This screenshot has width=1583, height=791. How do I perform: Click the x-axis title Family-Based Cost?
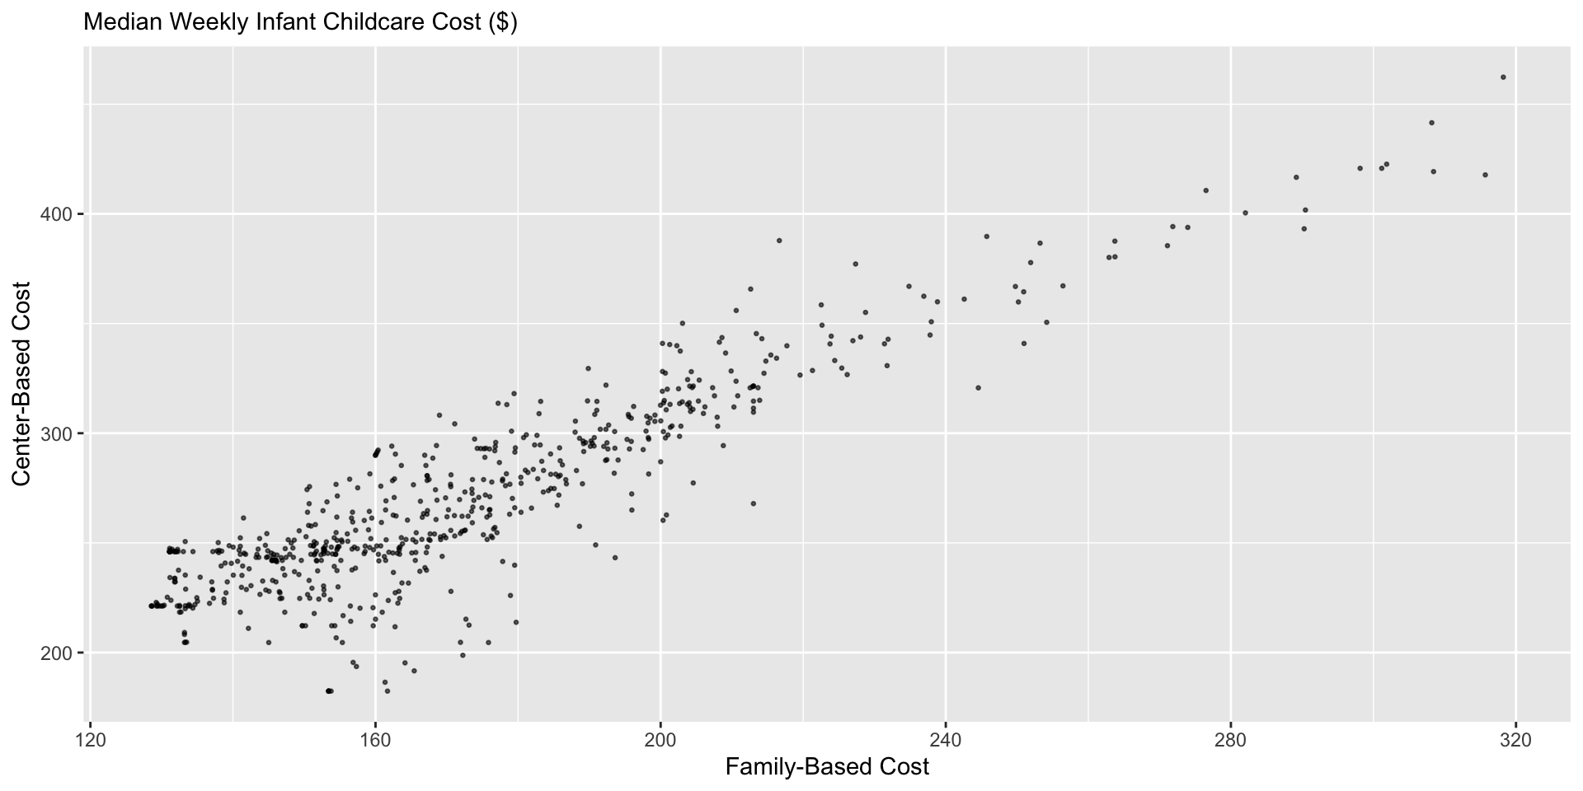coord(827,767)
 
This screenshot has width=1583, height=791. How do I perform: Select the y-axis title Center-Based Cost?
coord(21,384)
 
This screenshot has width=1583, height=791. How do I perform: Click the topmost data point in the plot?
coord(1503,77)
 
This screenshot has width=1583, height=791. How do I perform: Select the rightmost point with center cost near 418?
coord(1485,175)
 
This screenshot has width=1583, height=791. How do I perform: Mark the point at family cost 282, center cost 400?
coord(1245,213)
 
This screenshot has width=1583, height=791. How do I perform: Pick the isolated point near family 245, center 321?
coord(979,387)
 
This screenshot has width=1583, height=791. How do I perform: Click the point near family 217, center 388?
coord(779,241)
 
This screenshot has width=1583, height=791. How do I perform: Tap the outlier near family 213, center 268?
coord(753,503)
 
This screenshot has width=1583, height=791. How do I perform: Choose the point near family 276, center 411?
coord(1205,190)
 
